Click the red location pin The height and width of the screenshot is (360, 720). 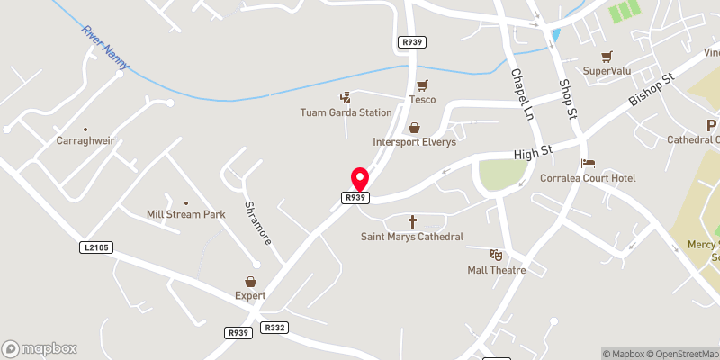pos(359,178)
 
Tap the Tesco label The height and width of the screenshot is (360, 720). pos(422,100)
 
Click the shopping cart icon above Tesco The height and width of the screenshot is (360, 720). pos(422,85)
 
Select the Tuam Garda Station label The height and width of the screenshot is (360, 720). pos(346,112)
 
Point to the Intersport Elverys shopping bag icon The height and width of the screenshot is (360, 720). pos(414,129)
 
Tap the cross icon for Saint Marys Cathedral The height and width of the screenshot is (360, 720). pos(413,221)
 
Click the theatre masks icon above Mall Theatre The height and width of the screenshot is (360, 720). pos(495,256)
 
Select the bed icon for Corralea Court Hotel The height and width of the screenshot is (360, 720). pos(588,164)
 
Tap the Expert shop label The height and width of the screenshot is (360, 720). pos(251,295)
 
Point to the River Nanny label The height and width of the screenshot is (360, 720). pos(104,46)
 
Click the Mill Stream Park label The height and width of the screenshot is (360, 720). pos(185,215)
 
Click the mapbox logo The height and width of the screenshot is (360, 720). pos(40,348)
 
